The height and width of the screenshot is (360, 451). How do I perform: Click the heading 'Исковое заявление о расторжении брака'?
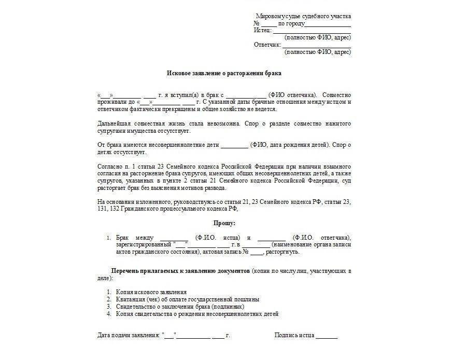224,74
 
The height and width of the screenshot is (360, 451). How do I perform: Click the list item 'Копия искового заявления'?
151,292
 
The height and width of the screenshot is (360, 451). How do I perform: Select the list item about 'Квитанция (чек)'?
187,299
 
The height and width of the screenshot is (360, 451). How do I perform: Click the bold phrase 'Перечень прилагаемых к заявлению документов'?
180,271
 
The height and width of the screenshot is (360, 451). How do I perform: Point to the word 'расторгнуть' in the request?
283,252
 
